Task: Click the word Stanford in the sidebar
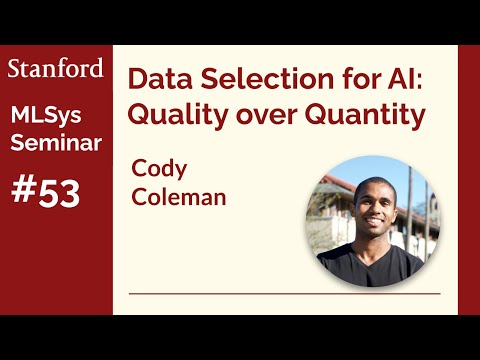[x=56, y=68]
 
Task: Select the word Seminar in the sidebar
[x=56, y=143]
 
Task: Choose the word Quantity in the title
[x=364, y=115]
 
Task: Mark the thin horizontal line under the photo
[x=285, y=294]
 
